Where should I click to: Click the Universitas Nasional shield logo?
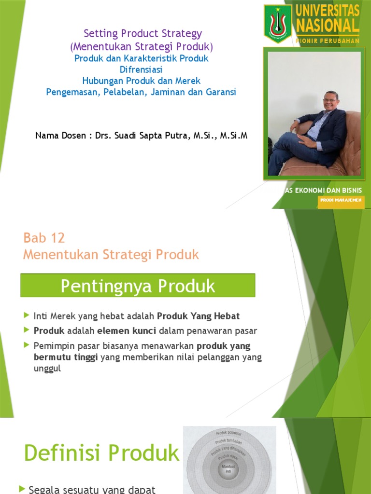pyautogui.click(x=278, y=23)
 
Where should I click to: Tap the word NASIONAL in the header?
pyautogui.click(x=328, y=25)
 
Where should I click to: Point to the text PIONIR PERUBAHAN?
pyautogui.click(x=328, y=41)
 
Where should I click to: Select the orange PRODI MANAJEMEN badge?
pyautogui.click(x=340, y=200)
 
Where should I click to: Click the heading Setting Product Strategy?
pyautogui.click(x=143, y=34)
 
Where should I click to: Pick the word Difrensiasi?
pyautogui.click(x=141, y=69)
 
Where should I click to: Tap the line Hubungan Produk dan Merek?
pyautogui.click(x=141, y=81)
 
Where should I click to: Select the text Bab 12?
pyautogui.click(x=44, y=238)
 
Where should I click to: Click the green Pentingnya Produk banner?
pyautogui.click(x=138, y=286)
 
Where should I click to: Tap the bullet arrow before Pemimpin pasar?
pyautogui.click(x=26, y=345)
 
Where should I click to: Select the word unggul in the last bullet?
pyautogui.click(x=47, y=369)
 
